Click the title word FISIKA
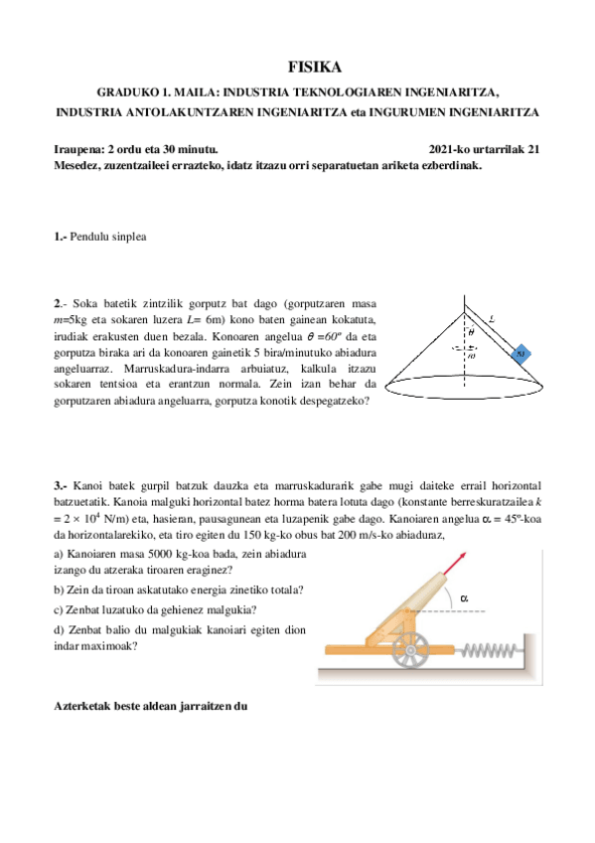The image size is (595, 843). (314, 68)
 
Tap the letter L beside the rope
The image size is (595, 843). (494, 320)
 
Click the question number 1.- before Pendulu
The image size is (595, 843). (61, 237)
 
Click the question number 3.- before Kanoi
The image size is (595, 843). (61, 485)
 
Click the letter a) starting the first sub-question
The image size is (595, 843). (58, 553)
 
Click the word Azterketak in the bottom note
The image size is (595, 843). (85, 706)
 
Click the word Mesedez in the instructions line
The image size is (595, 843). (80, 165)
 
